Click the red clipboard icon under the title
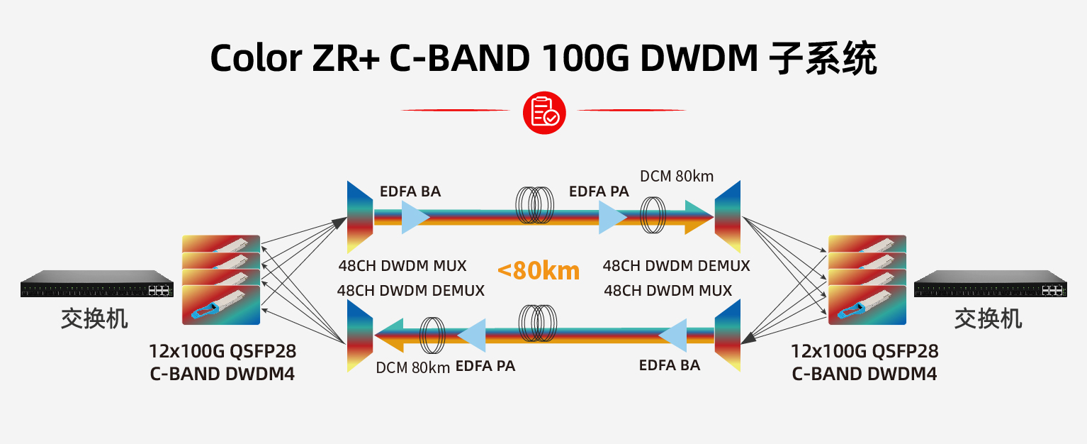coord(544,112)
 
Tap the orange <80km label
coord(539,270)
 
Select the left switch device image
coord(97,284)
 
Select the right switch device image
coord(990,284)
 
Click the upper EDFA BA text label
coord(410,192)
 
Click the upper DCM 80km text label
coord(677,176)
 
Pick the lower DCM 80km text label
coord(413,367)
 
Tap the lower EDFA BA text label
coord(670,365)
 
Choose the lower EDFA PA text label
coord(485,367)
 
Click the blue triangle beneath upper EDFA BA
coord(414,217)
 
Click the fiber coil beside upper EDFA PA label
coord(536,205)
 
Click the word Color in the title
coord(256,58)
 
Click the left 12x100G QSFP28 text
coord(223,351)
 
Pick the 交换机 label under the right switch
coord(989,318)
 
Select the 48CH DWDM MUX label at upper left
coord(402,266)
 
